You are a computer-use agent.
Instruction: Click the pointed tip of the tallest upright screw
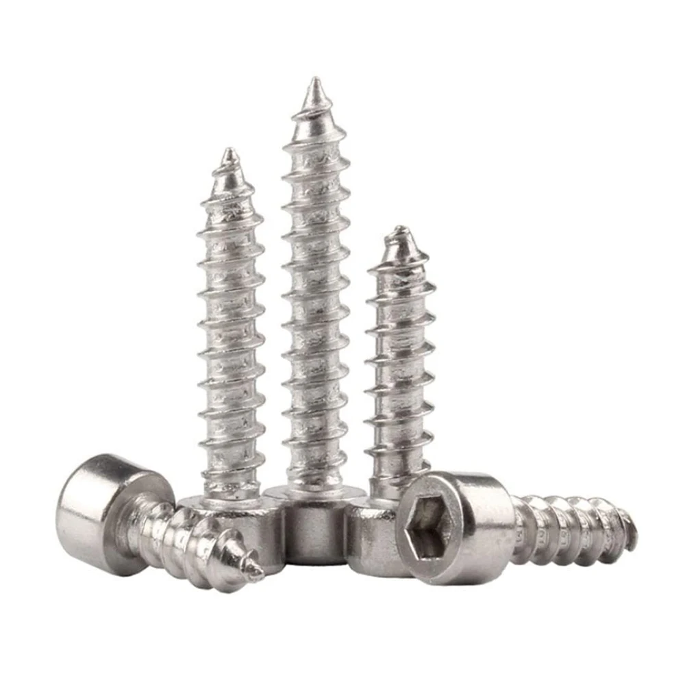point(316,81)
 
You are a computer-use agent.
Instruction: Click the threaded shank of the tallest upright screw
point(316,308)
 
